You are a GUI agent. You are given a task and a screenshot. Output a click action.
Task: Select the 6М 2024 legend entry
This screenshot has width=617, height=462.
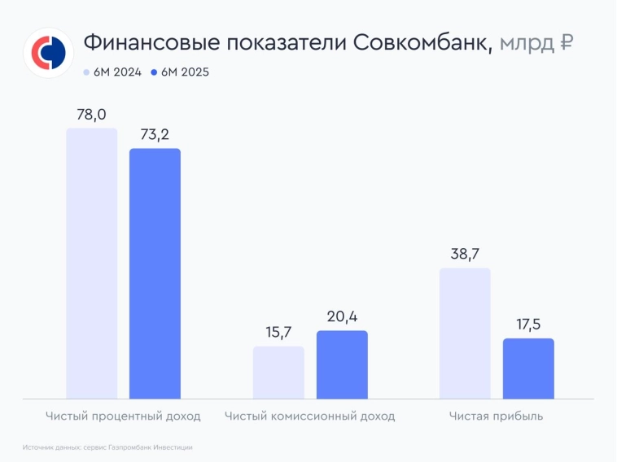tap(112, 72)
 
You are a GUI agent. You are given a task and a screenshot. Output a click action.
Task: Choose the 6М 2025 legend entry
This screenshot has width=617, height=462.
tap(180, 72)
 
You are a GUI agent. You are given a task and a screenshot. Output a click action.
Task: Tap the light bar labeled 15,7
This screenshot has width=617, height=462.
tap(278, 372)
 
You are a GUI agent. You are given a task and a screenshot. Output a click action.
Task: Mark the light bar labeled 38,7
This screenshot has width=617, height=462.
tap(465, 333)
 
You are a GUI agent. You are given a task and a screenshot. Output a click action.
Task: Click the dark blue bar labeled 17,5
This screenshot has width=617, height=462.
tap(528, 368)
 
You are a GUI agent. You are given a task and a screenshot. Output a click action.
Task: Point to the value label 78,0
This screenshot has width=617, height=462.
tap(91, 115)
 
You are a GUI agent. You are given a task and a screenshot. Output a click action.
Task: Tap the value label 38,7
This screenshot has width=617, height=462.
tap(465, 255)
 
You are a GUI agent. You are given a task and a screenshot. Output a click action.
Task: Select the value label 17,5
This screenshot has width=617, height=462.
tap(528, 325)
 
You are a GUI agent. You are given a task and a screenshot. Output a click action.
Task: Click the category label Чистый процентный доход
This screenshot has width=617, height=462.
tap(123, 416)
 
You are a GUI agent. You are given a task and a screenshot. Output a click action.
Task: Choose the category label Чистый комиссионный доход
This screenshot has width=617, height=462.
tap(310, 416)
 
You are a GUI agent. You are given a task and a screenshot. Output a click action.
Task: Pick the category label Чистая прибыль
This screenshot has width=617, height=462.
tap(497, 416)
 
